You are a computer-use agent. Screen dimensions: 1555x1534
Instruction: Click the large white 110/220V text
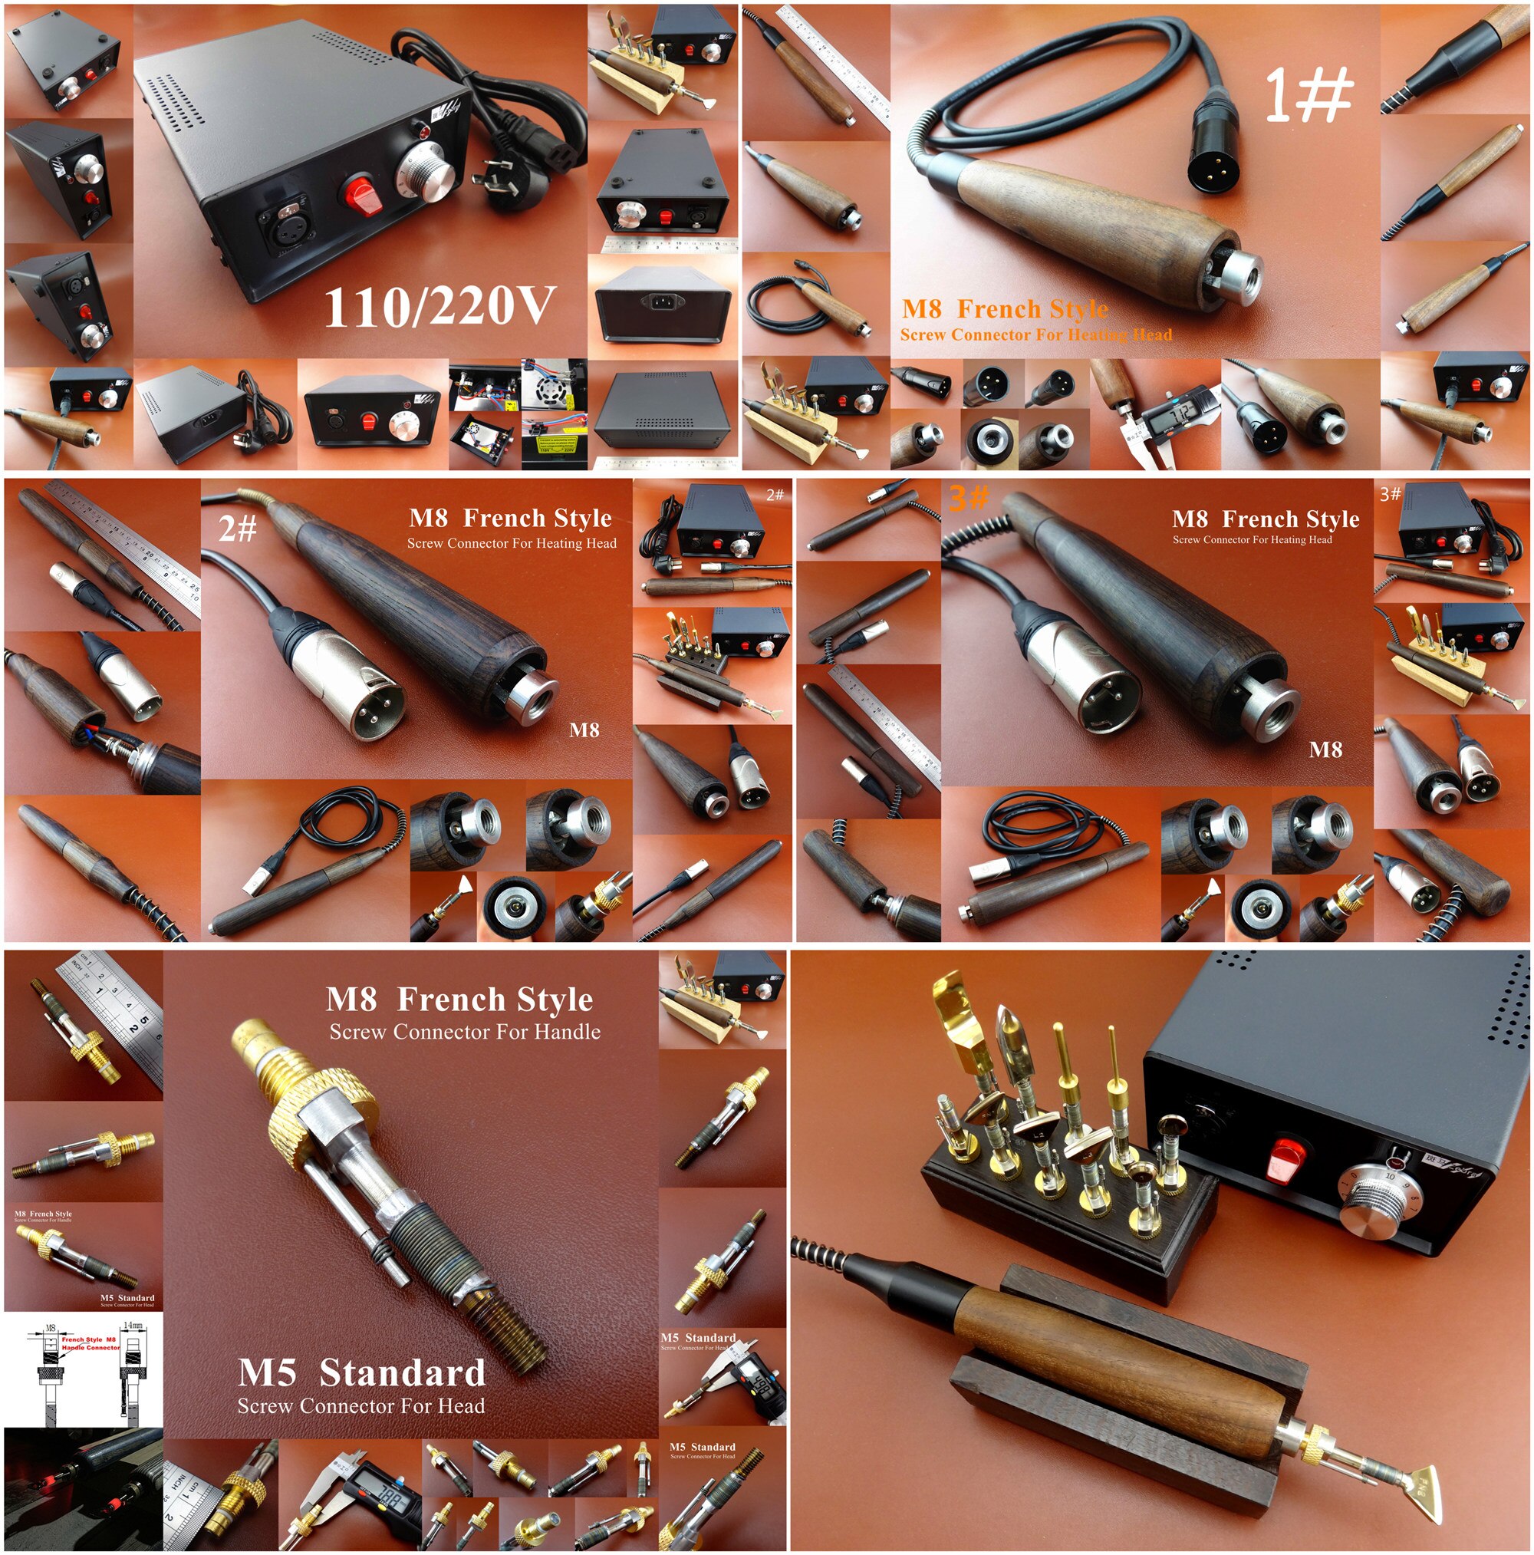click(x=439, y=307)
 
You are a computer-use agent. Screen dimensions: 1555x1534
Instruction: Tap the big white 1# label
click(x=1308, y=94)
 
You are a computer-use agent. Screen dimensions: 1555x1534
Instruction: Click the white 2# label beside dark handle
click(x=238, y=529)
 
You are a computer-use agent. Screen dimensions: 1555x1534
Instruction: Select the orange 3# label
click(x=968, y=498)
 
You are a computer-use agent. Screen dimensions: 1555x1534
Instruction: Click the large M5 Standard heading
click(x=361, y=1373)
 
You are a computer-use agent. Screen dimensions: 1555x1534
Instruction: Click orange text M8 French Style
click(x=1005, y=309)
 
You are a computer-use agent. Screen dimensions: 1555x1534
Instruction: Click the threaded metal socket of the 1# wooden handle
click(x=1236, y=275)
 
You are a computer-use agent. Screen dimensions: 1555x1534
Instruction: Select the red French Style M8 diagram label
click(x=88, y=1343)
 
